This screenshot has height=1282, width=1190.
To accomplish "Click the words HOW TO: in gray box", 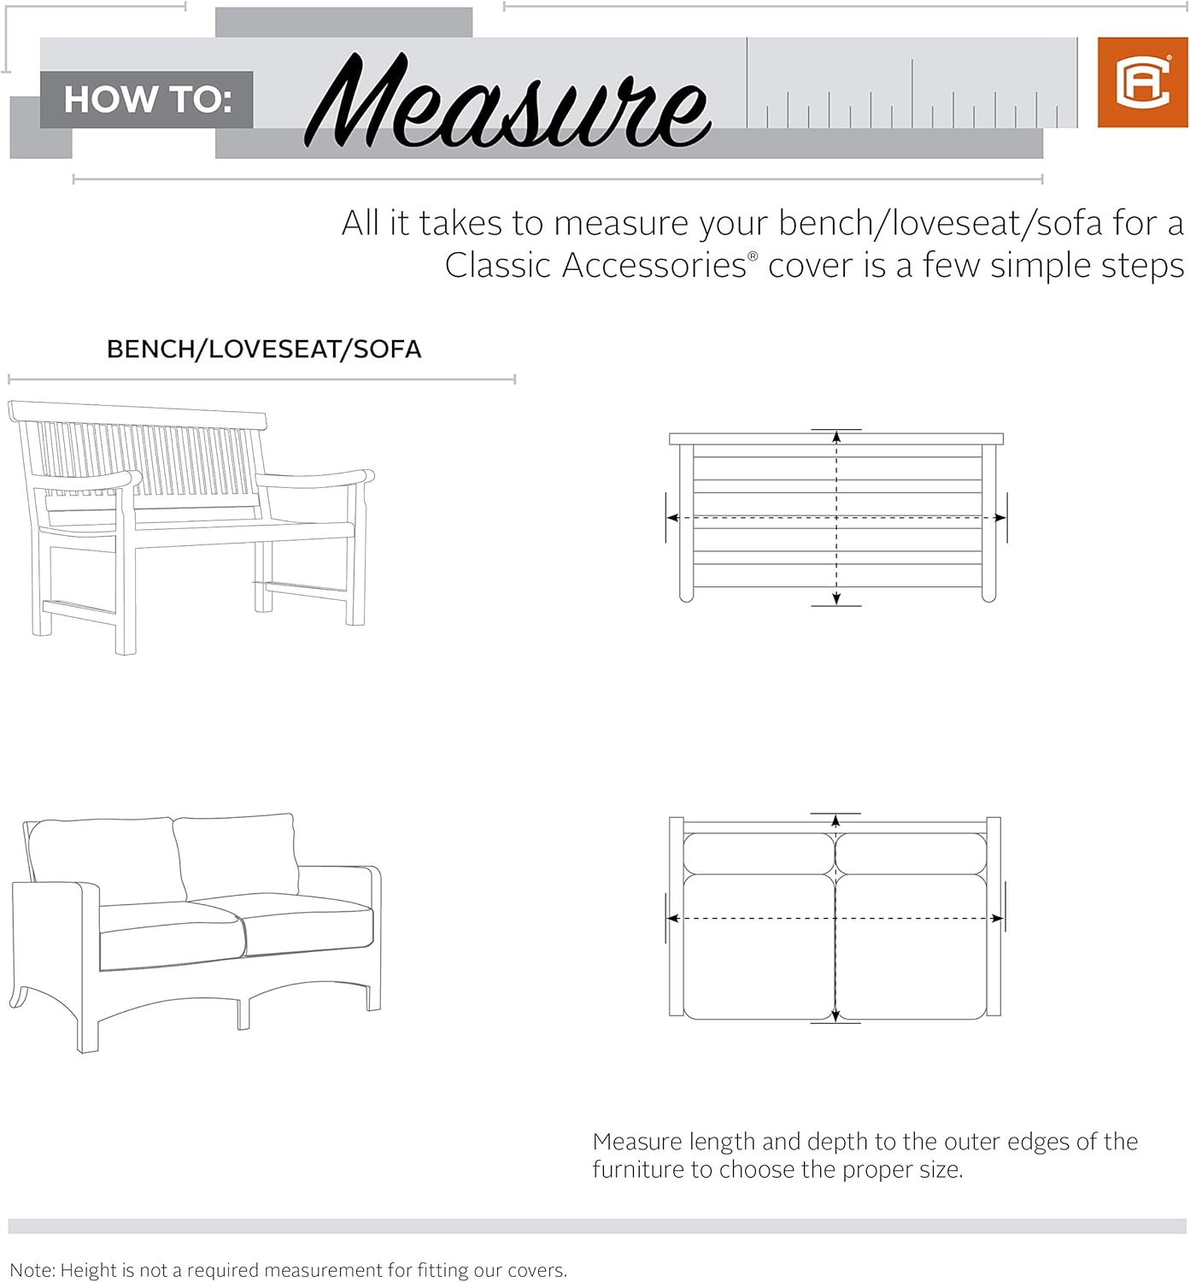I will pos(147,100).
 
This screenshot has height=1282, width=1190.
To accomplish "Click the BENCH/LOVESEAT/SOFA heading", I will pos(264,349).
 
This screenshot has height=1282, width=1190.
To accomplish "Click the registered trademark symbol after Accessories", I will pos(753,256).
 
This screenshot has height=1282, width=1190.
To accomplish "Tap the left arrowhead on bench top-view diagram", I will pos(673,518).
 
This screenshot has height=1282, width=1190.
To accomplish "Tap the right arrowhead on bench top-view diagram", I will pos(1000,518).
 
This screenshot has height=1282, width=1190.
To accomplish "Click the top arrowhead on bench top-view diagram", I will pos(836,437).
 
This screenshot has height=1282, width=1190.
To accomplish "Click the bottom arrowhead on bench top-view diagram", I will pos(836,598).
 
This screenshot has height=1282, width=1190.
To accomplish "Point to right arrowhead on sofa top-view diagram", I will pos(998,919).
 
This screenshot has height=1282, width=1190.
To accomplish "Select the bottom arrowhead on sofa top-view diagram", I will pos(835,1015).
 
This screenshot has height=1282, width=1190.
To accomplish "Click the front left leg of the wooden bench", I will pos(125,598).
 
